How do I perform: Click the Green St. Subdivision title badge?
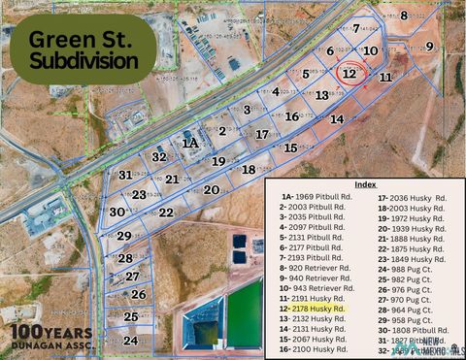83,49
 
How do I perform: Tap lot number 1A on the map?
191,143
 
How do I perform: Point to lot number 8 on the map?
404,15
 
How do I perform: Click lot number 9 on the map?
429,46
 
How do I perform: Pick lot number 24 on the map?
130,341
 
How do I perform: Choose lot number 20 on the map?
211,190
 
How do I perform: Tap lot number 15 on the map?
290,147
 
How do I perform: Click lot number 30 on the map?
116,212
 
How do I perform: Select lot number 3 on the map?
248,110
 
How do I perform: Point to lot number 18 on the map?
249,170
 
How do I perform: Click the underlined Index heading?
365,183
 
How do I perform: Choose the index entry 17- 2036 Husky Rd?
412,197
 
